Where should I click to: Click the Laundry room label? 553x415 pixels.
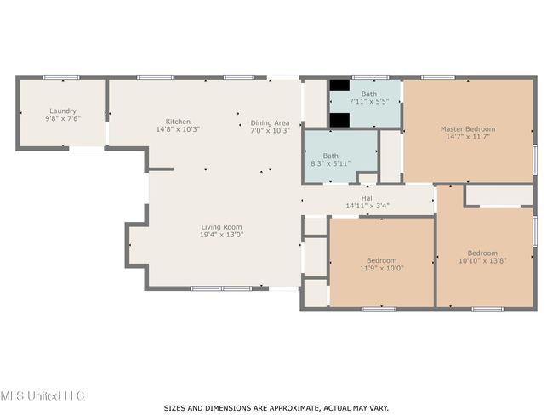tap(63, 111)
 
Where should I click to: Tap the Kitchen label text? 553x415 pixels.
tap(178, 122)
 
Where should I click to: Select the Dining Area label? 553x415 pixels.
tap(271, 123)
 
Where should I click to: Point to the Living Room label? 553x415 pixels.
tap(221, 227)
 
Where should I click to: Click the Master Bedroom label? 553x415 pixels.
tap(468, 129)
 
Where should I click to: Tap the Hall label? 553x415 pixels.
tap(368, 198)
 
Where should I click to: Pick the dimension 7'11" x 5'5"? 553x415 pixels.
tap(369, 101)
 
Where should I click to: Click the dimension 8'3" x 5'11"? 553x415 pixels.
tap(330, 163)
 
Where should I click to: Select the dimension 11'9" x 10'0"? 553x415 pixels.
tap(382, 268)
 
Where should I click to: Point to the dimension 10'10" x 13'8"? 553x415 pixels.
tap(482, 261)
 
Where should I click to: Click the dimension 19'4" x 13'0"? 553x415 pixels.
tap(221, 235)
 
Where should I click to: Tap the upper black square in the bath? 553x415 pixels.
tap(339, 85)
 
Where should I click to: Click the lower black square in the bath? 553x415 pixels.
tap(339, 120)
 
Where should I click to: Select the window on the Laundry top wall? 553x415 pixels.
tap(61, 77)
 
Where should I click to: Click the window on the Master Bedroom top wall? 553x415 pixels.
tap(438, 77)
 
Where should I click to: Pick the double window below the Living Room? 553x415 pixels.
tap(221, 288)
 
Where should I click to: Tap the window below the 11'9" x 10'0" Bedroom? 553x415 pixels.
tap(379, 310)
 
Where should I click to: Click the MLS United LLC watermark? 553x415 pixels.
tap(43, 395)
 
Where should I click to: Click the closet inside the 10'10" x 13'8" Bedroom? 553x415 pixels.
tap(499, 196)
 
